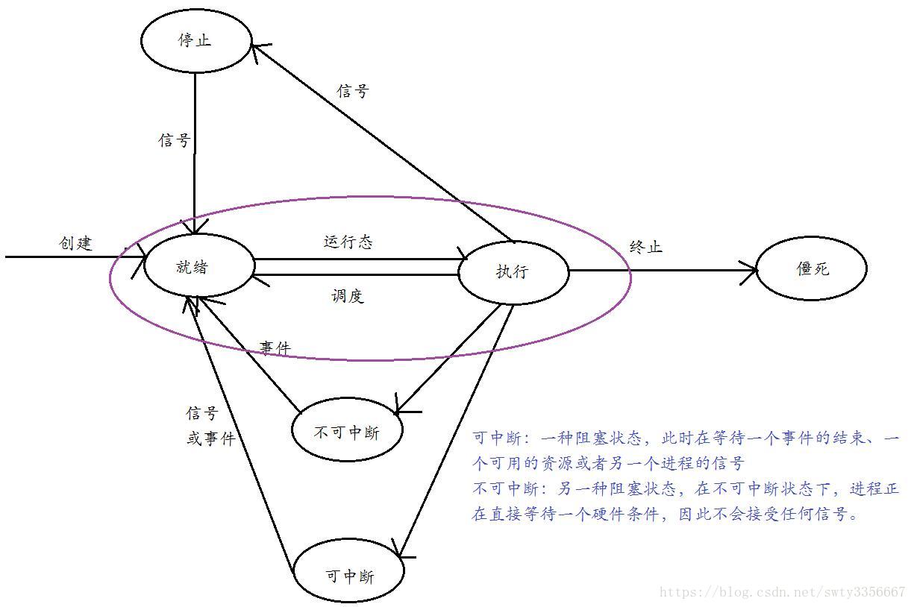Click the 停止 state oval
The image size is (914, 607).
(x=195, y=41)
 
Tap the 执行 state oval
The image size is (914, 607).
(x=513, y=271)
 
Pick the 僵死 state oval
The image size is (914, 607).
(x=812, y=269)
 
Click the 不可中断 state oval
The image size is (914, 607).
(x=347, y=433)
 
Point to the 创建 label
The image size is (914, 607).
(x=75, y=243)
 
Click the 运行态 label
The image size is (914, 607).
(x=348, y=242)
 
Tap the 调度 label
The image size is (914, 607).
(x=347, y=296)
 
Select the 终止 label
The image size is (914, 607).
(x=646, y=247)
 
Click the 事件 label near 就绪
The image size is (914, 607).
(x=275, y=347)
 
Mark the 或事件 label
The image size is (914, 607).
(x=211, y=439)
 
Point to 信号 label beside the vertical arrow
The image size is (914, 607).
(x=175, y=140)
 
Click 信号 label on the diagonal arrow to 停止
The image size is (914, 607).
(x=353, y=91)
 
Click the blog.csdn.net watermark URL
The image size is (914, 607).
(x=783, y=593)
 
